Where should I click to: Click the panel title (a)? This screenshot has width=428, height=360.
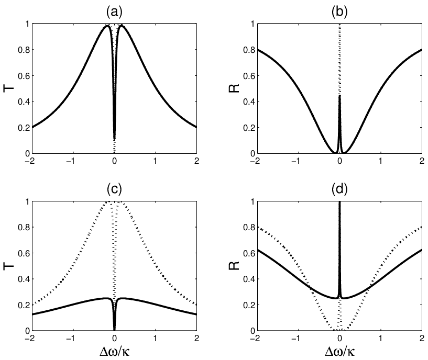114,12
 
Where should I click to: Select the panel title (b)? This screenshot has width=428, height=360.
339,12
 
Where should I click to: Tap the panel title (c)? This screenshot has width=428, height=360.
114,189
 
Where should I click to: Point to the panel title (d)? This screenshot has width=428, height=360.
339,189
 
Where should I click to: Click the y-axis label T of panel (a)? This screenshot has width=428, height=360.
8,88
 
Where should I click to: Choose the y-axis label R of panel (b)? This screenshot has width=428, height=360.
234,88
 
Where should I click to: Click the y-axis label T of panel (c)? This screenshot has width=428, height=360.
8,266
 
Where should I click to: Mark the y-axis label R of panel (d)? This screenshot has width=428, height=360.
234,266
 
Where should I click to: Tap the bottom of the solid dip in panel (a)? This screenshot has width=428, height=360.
114,139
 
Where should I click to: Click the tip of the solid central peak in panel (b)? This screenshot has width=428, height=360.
339,95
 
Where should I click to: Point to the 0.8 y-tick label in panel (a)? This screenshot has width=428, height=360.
24,50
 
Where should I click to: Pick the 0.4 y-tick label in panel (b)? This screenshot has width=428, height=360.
249,102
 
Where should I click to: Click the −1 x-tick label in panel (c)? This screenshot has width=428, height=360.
72,339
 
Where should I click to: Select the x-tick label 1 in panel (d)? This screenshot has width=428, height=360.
380,339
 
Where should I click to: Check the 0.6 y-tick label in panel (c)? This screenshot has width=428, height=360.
24,253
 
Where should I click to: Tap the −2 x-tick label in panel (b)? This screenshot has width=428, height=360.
256,161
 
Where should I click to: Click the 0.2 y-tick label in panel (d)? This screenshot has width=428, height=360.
249,305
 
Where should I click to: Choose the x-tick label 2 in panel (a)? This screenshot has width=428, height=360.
196,161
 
